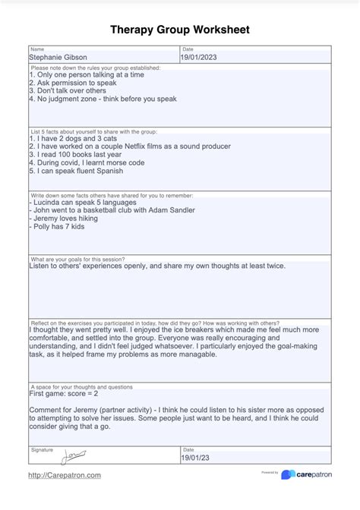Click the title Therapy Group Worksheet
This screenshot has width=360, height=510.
[180, 29]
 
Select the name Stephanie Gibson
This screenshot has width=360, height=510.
[58, 57]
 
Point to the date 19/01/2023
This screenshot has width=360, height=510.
[198, 57]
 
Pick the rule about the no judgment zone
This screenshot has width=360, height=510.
[103, 99]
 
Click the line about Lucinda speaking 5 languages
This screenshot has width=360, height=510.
[83, 203]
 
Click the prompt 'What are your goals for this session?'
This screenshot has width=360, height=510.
[82, 260]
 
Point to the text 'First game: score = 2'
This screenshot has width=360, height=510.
[63, 394]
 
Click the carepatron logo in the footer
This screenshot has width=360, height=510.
[310, 475]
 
